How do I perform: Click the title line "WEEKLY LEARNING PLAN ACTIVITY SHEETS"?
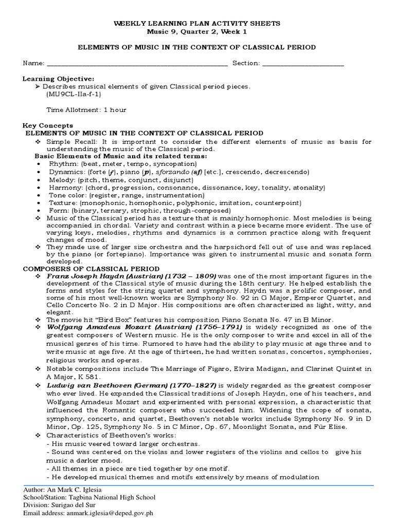(x=197, y=23)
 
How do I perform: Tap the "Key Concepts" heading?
(x=48, y=125)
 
